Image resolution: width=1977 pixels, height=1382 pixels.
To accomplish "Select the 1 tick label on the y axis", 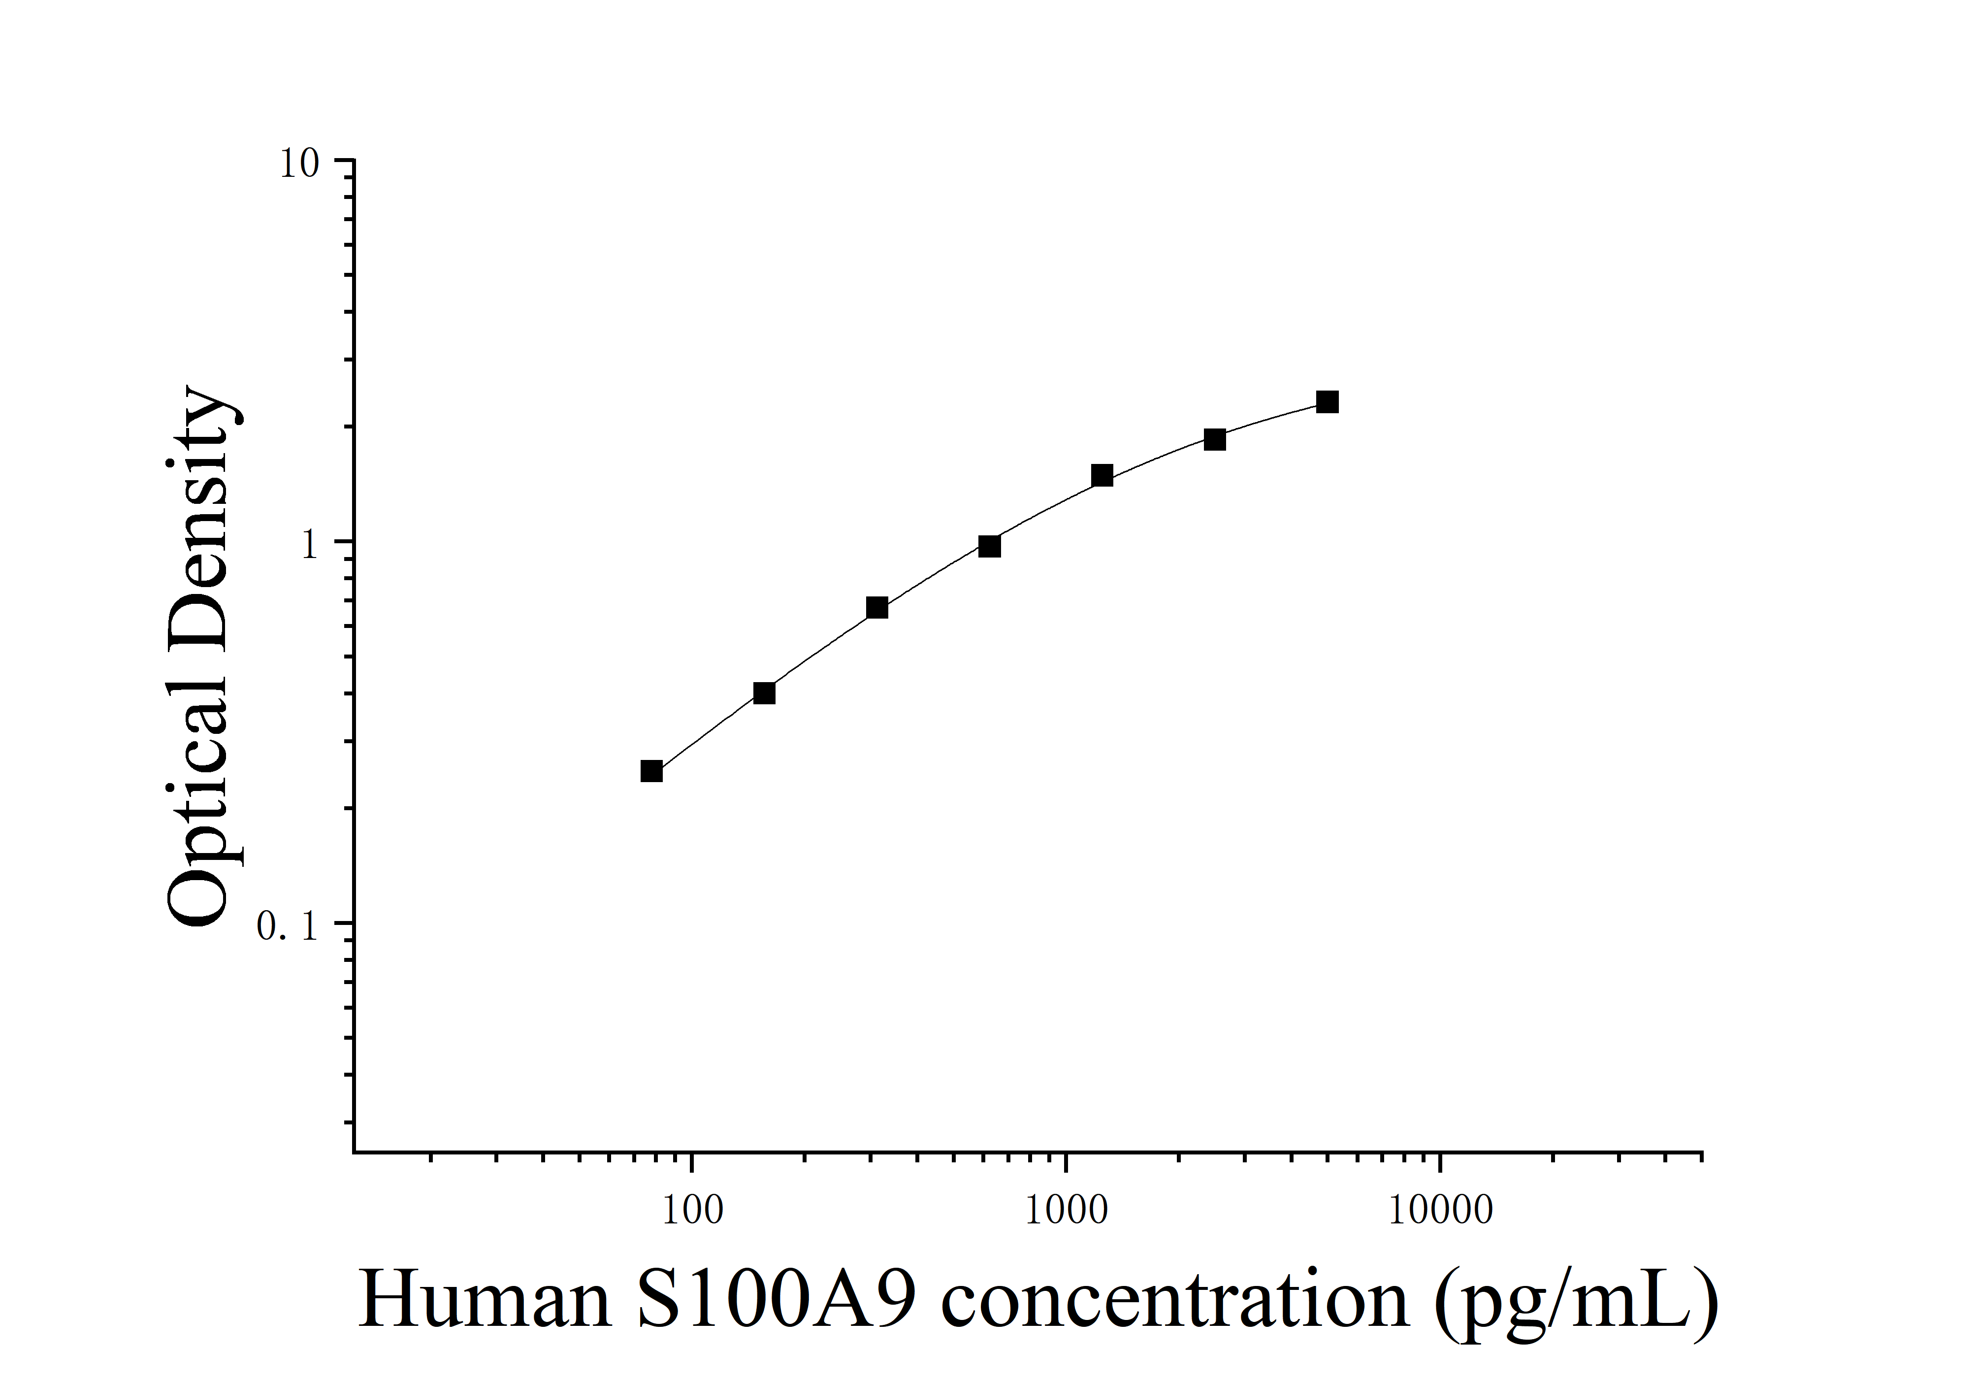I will pos(310,545).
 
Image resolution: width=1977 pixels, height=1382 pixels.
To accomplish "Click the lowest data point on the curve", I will pos(652,771).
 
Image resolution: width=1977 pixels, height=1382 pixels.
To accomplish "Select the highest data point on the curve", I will pos(1328,402).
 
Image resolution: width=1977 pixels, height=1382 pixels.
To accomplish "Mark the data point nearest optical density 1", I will pos(989,546).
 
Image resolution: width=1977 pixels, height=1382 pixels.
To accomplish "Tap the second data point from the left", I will pos(764,693).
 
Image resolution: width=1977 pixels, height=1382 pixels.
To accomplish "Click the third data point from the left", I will pos(876,608).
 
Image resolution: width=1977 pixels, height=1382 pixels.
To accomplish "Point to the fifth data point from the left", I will pos(1102,475).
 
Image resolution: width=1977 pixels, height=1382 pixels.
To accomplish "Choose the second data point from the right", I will pos(1215,440).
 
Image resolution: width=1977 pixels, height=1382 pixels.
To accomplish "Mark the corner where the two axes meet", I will pos(354,1151).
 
